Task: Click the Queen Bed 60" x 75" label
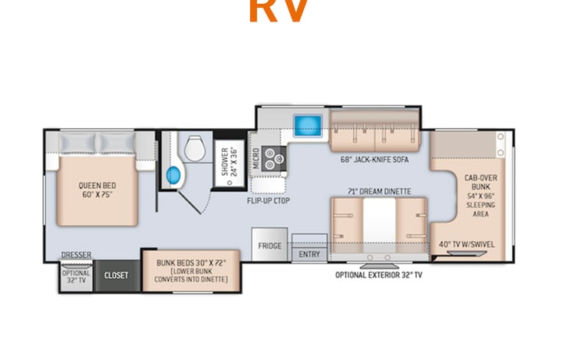(97, 190)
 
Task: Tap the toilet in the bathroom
(192, 146)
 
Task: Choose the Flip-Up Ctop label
(268, 200)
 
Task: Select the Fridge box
(269, 246)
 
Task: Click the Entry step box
(309, 253)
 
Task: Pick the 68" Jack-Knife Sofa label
(374, 160)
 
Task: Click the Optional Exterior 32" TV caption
(378, 274)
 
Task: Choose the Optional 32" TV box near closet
(76, 276)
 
